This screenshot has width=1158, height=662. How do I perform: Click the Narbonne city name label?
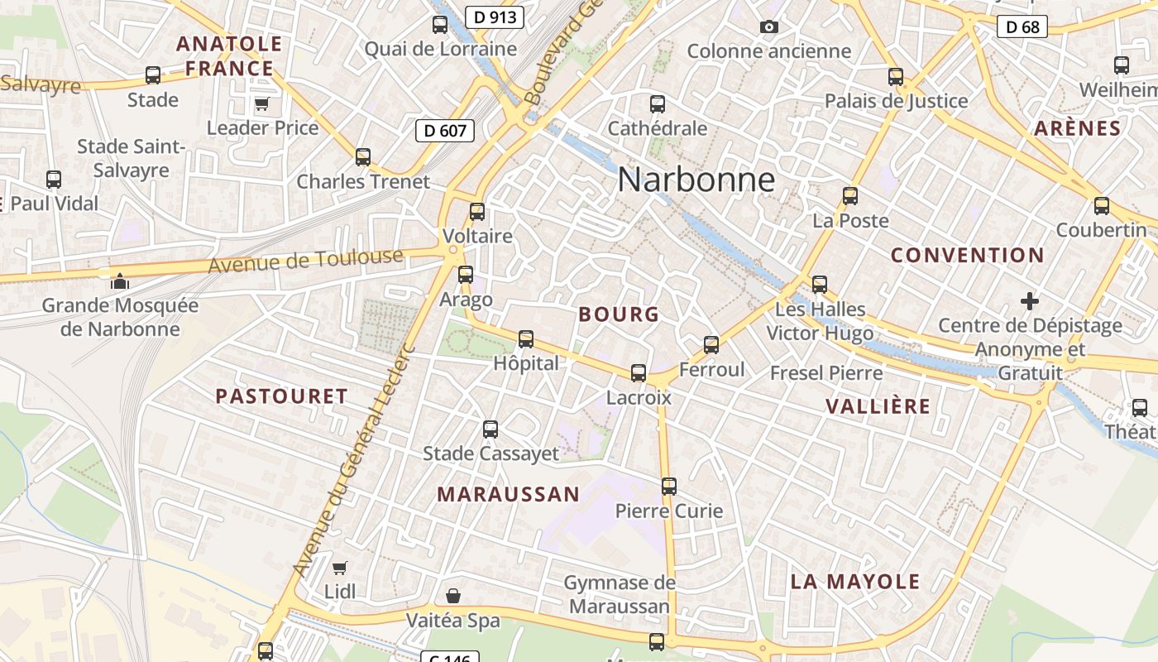click(696, 180)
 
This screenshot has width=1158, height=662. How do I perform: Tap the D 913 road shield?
click(494, 17)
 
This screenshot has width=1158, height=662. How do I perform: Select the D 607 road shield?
click(445, 130)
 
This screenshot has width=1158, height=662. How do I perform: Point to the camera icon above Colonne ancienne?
click(768, 27)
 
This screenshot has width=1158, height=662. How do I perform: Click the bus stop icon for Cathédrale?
click(658, 104)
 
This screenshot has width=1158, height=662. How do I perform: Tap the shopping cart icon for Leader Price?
click(262, 103)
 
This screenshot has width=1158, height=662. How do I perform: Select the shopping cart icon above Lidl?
click(339, 568)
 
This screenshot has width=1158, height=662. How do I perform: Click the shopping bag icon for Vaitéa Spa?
click(453, 596)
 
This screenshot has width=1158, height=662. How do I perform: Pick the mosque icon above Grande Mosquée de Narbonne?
click(120, 281)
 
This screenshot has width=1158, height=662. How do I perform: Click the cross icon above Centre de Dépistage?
click(1029, 300)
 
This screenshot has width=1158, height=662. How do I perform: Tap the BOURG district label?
click(619, 314)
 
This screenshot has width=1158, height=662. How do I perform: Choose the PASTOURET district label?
click(281, 396)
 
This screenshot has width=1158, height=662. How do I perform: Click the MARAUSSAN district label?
click(508, 495)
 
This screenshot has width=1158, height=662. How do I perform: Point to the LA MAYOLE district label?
click(854, 581)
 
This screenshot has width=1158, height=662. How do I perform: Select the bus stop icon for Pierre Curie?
click(669, 487)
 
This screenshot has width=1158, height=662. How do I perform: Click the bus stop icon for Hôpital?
click(525, 339)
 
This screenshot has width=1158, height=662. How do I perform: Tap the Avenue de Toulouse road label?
click(305, 261)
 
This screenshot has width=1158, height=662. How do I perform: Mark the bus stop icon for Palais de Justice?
click(896, 77)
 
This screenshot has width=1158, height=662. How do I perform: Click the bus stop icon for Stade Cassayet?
click(490, 429)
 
